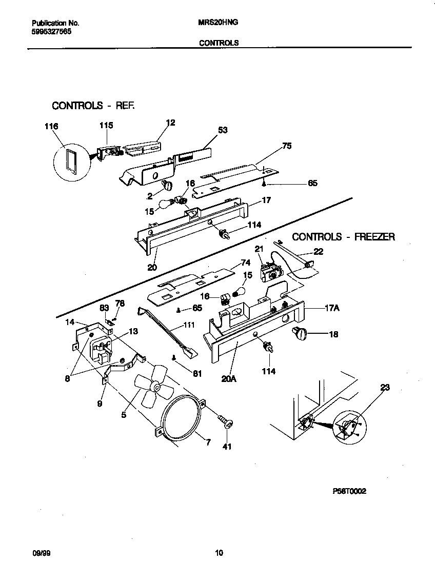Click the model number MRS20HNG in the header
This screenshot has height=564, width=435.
pyautogui.click(x=218, y=23)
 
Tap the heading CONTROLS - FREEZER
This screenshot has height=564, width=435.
pyautogui.click(x=343, y=237)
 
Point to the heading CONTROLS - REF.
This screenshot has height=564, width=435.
pyautogui.click(x=93, y=106)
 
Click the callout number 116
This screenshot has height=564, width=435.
pyautogui.click(x=51, y=127)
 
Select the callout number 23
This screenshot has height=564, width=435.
pyautogui.click(x=384, y=388)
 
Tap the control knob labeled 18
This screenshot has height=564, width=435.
pyautogui.click(x=298, y=334)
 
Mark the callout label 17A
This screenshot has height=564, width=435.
pyautogui.click(x=333, y=309)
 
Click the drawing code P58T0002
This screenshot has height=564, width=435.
pyautogui.click(x=349, y=491)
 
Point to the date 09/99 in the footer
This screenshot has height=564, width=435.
pyautogui.click(x=41, y=553)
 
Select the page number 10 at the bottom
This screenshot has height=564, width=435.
pyautogui.click(x=219, y=553)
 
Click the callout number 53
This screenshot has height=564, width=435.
pyautogui.click(x=223, y=131)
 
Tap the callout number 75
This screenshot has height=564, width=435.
pyautogui.click(x=287, y=146)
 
